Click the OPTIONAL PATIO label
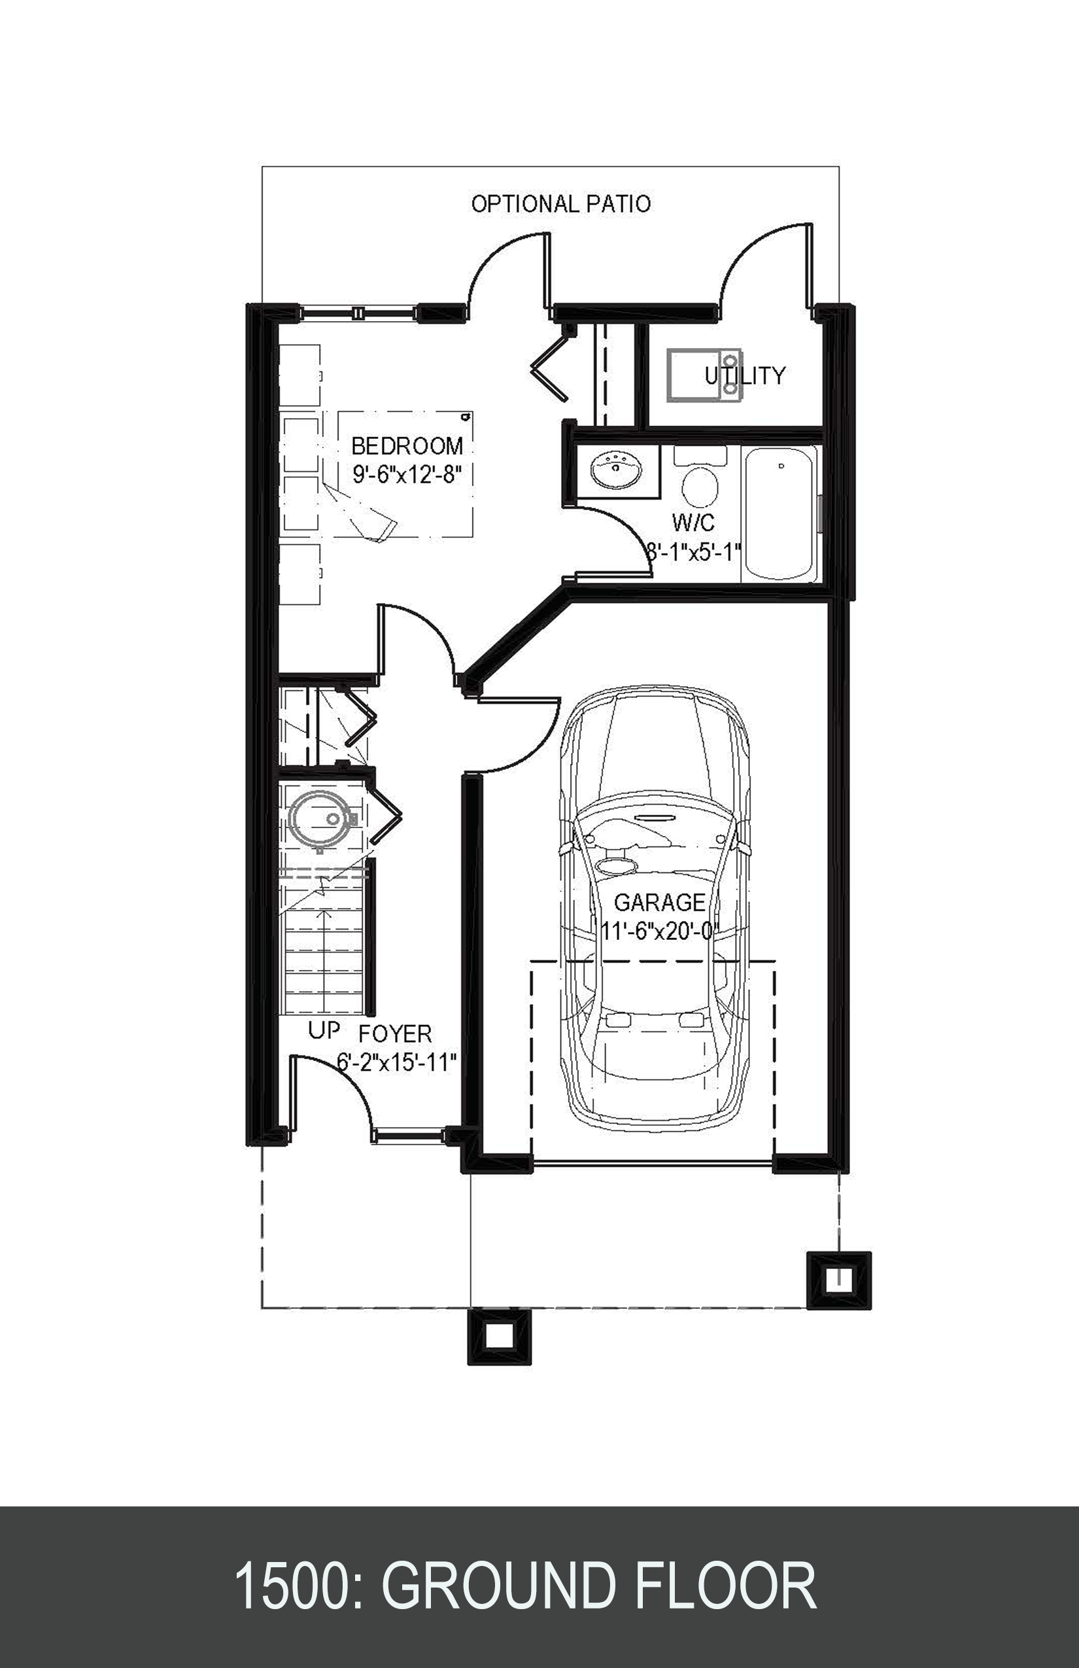(x=560, y=204)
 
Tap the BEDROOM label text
(x=407, y=445)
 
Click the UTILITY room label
(x=745, y=375)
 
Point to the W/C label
(x=694, y=522)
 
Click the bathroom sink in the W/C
(x=617, y=471)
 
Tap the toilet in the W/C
(x=700, y=483)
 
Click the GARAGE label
(x=659, y=902)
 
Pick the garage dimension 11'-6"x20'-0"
(x=659, y=931)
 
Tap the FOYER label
(x=395, y=1034)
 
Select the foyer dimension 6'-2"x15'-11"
(x=396, y=1062)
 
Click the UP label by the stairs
(x=324, y=1030)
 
